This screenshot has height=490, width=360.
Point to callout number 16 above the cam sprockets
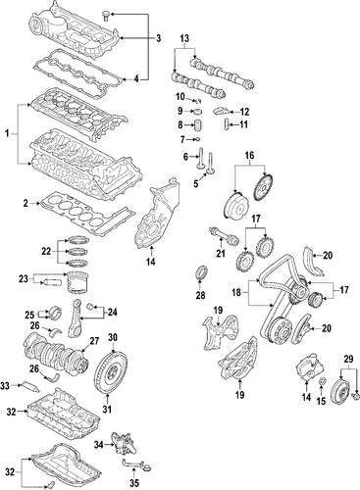(249, 155)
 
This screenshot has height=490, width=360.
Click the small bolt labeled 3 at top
(109, 14)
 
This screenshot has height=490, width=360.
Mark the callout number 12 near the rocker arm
(245, 112)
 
